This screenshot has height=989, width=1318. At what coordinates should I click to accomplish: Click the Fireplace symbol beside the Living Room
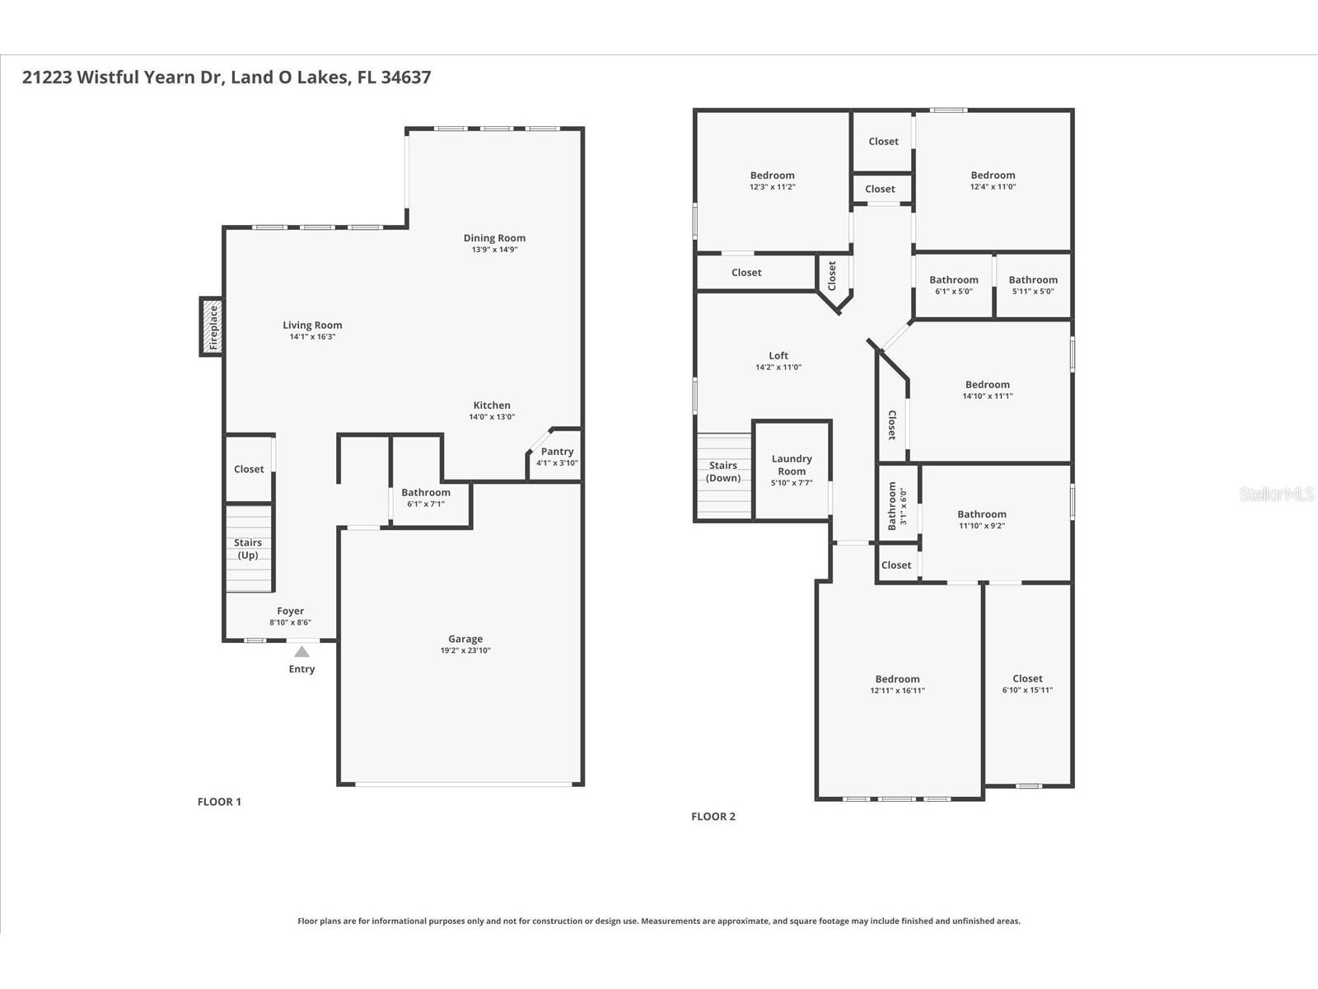click(212, 326)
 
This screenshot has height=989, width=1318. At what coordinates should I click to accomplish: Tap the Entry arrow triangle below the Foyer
click(302, 652)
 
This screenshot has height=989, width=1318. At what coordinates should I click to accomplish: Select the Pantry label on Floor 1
click(557, 452)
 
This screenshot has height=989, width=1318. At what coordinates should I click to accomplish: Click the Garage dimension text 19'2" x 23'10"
click(465, 650)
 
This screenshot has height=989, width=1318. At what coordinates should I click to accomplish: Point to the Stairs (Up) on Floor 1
click(248, 549)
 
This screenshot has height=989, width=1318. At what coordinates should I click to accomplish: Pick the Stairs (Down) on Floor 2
click(723, 472)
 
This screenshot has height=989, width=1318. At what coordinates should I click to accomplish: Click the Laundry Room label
click(792, 466)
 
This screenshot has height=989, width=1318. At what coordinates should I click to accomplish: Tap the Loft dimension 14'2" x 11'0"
click(778, 368)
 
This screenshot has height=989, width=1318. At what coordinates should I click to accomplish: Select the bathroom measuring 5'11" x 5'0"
click(1033, 285)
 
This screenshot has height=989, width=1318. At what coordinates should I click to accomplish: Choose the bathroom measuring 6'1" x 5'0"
click(954, 285)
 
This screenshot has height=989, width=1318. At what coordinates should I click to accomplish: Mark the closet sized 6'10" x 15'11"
click(1027, 684)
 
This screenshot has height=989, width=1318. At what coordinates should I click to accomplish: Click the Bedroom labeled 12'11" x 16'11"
click(897, 685)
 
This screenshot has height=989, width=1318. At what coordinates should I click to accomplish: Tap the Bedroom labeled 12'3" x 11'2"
click(772, 180)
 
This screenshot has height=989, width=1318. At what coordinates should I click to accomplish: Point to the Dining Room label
click(494, 238)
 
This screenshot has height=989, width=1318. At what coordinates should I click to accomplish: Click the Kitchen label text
click(492, 405)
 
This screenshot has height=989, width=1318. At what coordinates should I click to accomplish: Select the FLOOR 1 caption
click(219, 802)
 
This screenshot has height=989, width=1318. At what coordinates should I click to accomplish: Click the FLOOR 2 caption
click(713, 817)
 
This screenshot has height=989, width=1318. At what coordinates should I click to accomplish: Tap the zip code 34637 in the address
click(405, 77)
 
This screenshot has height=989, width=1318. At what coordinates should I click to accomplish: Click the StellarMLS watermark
click(1277, 494)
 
